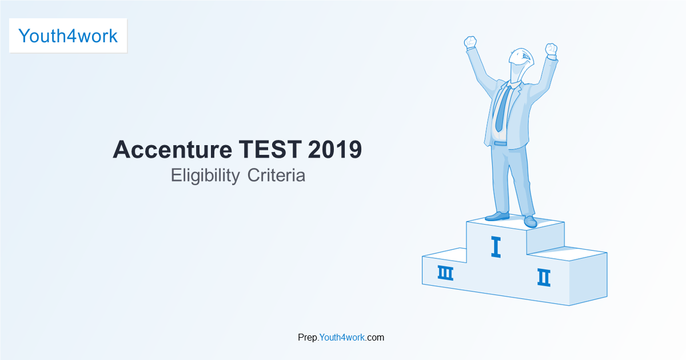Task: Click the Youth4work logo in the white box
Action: [68, 36]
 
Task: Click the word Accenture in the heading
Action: [173, 149]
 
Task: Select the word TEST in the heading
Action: [270, 149]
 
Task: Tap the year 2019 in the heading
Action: [335, 149]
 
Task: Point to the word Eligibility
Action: [205, 176]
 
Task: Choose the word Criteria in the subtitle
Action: [276, 175]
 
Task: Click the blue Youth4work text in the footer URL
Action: [342, 337]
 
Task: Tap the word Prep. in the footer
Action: [308, 338]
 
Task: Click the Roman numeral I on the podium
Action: [496, 247]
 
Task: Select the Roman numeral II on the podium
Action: [544, 277]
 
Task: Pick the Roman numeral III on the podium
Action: [445, 273]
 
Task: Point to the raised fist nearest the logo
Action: [470, 42]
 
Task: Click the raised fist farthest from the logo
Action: [551, 49]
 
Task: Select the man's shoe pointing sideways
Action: [497, 216]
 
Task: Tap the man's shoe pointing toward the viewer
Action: [531, 221]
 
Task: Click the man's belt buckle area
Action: [500, 143]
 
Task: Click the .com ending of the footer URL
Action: [374, 337]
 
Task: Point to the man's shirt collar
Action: [514, 84]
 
